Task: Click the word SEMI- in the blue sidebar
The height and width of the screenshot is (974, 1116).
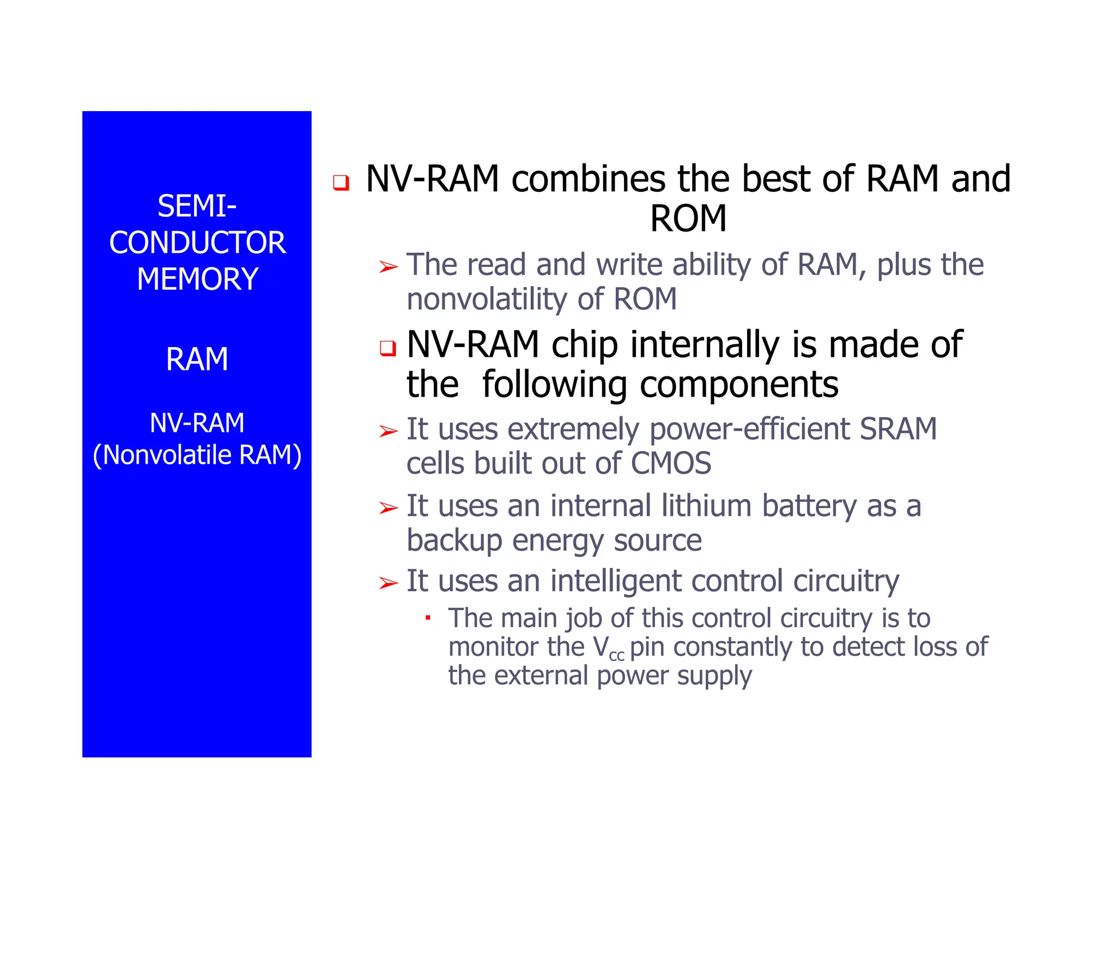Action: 197,206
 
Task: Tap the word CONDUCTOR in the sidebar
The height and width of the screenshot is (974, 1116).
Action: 197,243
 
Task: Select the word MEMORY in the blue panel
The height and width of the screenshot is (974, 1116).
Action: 197,279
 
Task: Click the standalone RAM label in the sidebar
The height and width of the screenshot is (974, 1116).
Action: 197,360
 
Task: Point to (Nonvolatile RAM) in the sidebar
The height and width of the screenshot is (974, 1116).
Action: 197,455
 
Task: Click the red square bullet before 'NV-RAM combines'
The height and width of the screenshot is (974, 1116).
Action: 341,182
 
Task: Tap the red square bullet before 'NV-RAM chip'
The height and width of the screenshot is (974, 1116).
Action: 387,348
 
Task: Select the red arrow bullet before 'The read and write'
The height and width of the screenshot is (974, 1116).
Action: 389,267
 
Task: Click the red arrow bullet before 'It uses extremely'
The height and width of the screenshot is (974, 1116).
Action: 389,431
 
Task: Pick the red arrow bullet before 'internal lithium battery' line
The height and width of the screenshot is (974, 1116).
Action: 389,508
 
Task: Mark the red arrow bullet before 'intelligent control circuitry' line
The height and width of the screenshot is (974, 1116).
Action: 389,583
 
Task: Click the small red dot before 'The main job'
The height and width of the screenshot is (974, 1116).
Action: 428,618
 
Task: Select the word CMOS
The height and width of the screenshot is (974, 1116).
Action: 671,464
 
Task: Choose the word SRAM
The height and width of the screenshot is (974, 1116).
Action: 898,429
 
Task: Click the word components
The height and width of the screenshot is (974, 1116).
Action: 739,385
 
